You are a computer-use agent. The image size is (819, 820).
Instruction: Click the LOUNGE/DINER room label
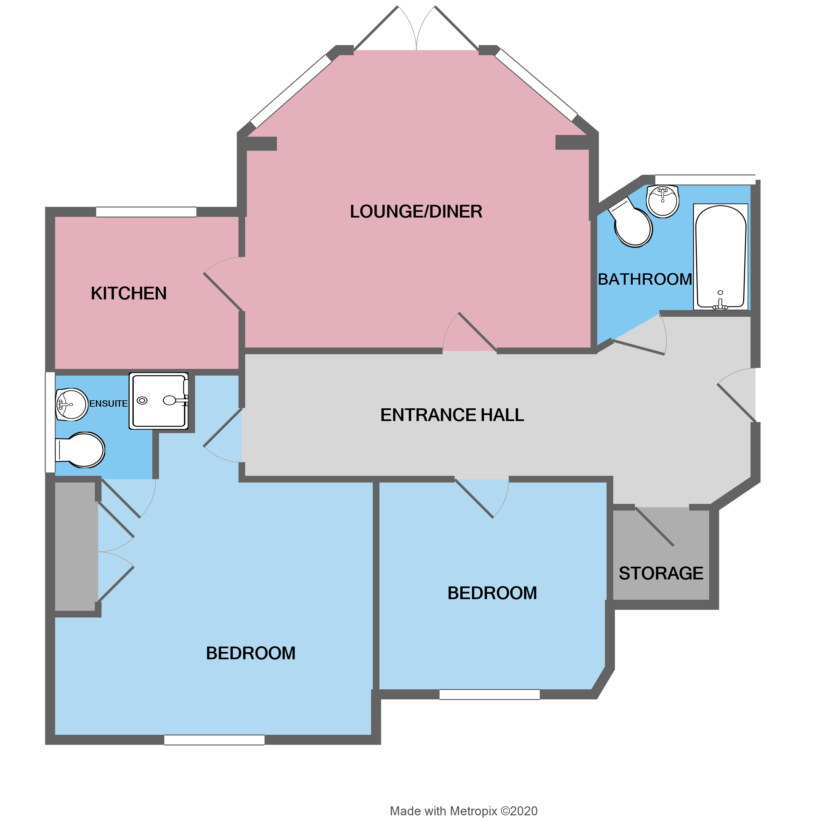pos(416,212)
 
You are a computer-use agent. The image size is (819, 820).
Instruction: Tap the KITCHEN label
pos(129,293)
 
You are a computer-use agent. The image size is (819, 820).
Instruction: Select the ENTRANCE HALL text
pos(452,415)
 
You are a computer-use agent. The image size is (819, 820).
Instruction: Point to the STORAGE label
pos(661,573)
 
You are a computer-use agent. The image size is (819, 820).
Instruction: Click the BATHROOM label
pos(645,279)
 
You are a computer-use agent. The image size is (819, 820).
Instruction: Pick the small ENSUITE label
pos(108,403)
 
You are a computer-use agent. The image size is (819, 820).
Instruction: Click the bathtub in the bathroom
pos(720,257)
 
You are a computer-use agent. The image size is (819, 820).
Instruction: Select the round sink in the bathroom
pos(662,201)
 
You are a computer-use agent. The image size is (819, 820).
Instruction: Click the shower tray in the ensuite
pos(158,401)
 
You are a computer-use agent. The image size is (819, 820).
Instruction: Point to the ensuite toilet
pos(80,449)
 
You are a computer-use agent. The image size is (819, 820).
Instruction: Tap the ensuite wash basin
pos(71,404)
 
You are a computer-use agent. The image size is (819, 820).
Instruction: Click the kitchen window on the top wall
pos(146,212)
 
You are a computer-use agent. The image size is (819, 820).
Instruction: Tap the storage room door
pos(654,526)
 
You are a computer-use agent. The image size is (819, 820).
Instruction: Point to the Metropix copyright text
pos(463,810)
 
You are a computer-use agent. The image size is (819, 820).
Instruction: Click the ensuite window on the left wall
pos(50,422)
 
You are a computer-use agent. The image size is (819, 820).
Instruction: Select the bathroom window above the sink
pos(704,179)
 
